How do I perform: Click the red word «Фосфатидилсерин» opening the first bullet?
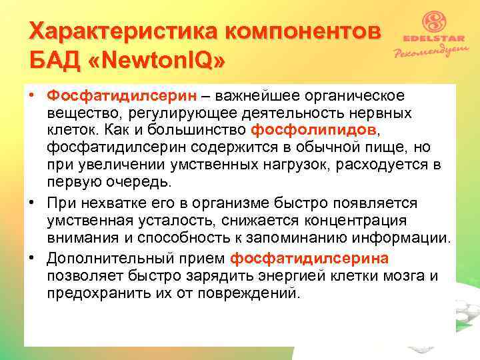103,99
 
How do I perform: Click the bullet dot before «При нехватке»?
33,202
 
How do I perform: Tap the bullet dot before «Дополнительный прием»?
33,259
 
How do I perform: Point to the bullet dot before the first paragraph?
33,99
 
